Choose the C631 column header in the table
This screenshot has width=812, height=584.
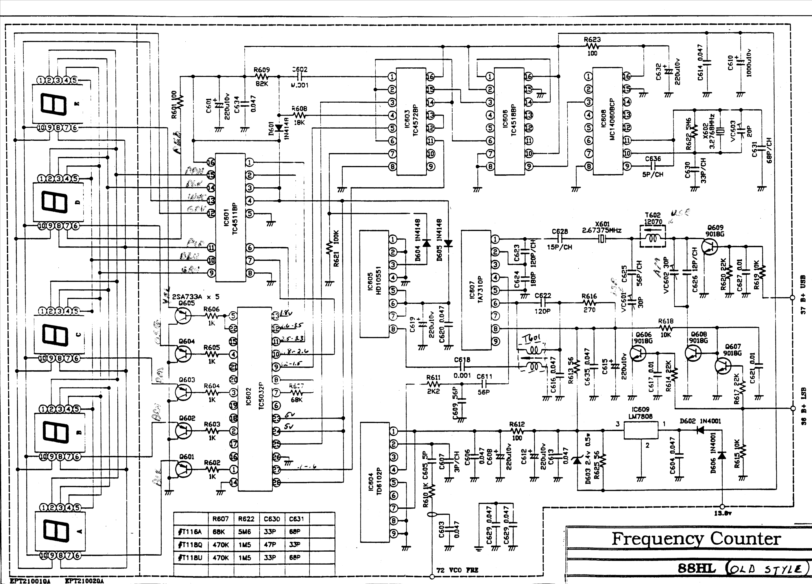[x=296, y=519]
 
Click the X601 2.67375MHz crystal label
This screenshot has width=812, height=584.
[x=601, y=227]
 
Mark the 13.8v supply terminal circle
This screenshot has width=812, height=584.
[x=722, y=506]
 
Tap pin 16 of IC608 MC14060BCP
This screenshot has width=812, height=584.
[x=627, y=76]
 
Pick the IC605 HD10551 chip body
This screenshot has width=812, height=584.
[x=374, y=284]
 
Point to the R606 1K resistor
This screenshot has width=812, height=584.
[x=212, y=316]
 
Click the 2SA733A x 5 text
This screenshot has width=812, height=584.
[x=195, y=297]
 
